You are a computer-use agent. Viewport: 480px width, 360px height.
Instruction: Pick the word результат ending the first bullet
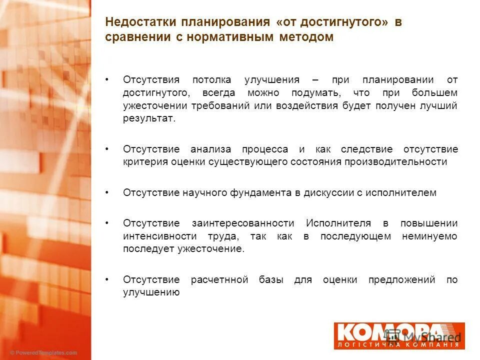(x=149, y=119)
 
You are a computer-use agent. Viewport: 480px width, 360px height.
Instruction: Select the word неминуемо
(x=429, y=236)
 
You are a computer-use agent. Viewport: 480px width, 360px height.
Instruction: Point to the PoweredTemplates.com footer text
(x=44, y=352)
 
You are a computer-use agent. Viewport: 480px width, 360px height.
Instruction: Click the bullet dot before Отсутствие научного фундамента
(x=108, y=192)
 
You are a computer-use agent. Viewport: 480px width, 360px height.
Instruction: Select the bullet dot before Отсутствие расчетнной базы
(x=108, y=279)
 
